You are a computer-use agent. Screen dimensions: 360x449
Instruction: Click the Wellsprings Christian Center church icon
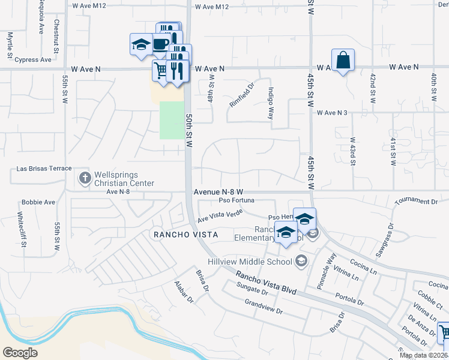(85, 178)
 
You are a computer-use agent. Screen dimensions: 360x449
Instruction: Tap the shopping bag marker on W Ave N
(343, 60)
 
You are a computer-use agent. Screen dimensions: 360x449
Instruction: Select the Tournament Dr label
(418, 202)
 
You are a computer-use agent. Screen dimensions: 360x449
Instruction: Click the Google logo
(20, 353)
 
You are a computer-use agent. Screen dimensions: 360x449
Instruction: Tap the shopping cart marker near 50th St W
(160, 70)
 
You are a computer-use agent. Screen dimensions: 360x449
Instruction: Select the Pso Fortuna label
(233, 200)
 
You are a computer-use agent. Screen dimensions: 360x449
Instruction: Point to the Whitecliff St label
(20, 226)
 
